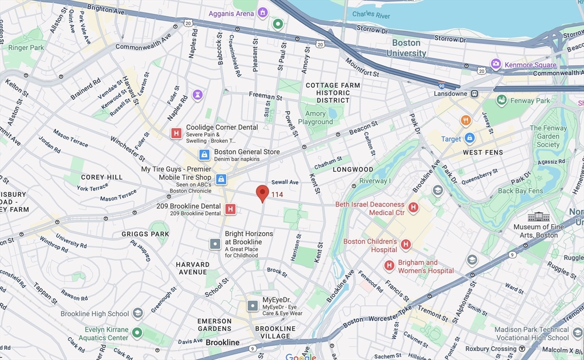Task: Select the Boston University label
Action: tap(406, 48)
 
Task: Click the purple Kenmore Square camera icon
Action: tap(496, 64)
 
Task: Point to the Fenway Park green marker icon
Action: tap(502, 101)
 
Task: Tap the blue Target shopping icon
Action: tap(469, 138)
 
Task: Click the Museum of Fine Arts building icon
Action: tap(538, 217)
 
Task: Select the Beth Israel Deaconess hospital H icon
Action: tap(413, 208)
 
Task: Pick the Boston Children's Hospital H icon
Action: tap(405, 245)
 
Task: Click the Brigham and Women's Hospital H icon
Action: tap(389, 266)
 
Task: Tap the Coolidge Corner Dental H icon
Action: tap(176, 134)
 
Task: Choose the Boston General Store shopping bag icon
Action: tap(204, 155)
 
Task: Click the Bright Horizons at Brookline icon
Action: tap(215, 244)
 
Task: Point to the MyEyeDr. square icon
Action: tap(253, 306)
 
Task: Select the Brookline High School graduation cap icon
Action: tap(137, 313)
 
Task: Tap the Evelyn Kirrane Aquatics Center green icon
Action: tap(137, 333)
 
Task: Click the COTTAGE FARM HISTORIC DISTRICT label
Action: tap(333, 92)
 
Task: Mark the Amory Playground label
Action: tap(315, 118)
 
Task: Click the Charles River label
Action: tap(371, 14)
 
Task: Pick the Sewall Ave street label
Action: tap(285, 182)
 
